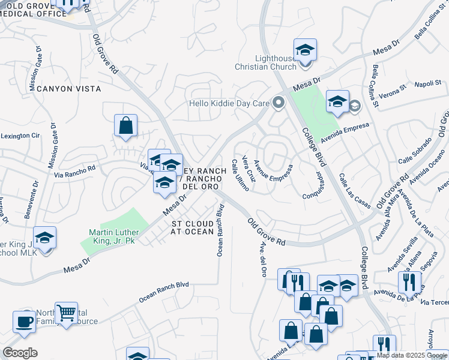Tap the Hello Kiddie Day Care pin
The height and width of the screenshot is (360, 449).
(278, 103)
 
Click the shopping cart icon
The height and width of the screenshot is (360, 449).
(66, 313)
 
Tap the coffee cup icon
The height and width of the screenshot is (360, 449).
(24, 321)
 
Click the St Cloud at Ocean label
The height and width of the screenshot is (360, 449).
(191, 227)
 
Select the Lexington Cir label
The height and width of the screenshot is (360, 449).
(20, 136)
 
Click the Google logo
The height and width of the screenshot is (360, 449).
(20, 353)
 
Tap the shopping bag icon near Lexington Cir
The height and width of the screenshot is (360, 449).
(125, 126)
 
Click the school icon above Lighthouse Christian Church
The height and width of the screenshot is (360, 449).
(305, 50)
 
